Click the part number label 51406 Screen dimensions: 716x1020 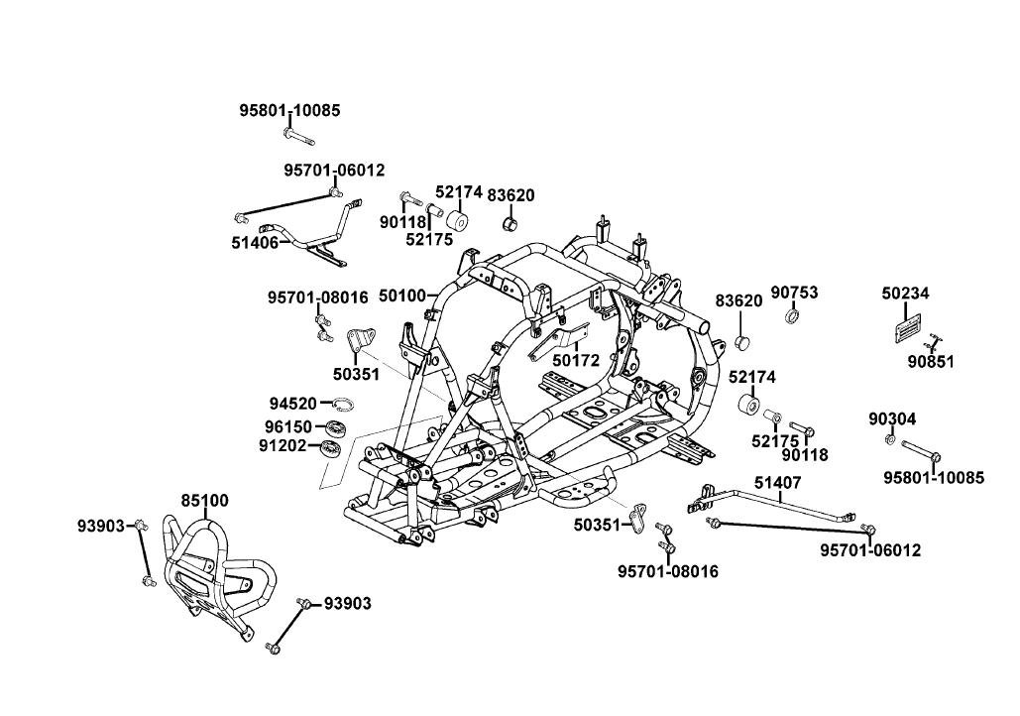tap(255, 242)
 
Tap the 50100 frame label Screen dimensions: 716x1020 tap(401, 296)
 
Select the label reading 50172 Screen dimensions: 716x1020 tap(576, 361)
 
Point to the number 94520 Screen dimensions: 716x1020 tap(292, 404)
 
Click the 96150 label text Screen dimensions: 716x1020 tap(288, 426)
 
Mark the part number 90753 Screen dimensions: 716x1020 tap(794, 293)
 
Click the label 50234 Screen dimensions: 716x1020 tap(906, 294)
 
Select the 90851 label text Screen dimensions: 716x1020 tap(931, 362)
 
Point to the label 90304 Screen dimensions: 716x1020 tap(892, 419)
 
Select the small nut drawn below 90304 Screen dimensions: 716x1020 tap(890, 438)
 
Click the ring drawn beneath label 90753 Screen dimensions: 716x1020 tap(793, 316)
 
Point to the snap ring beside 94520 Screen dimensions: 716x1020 tap(343, 405)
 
